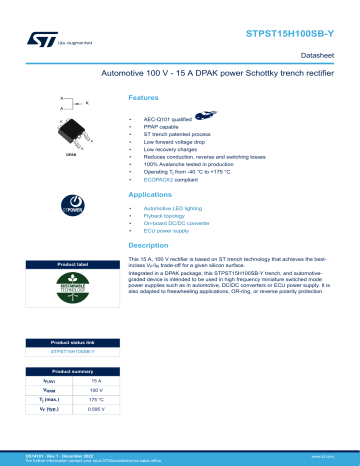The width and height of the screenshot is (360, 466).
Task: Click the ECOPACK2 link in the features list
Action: point(161,179)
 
